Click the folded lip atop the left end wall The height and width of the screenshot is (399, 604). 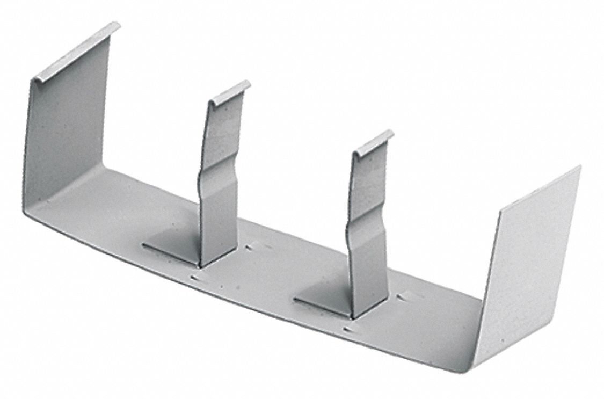click(x=75, y=52)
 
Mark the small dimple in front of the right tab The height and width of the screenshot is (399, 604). click(x=349, y=329)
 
